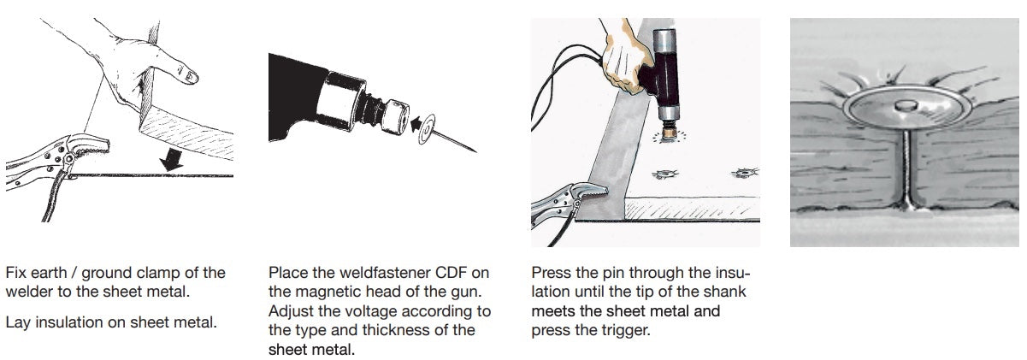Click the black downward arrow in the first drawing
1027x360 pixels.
(x=172, y=160)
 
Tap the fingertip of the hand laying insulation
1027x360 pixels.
(x=192, y=77)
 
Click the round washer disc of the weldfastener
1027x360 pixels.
(x=427, y=129)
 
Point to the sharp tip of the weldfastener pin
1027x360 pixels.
(x=475, y=150)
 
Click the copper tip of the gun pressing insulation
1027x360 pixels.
(x=668, y=134)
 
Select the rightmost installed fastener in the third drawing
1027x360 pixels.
(x=744, y=174)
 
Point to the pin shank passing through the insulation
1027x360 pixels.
(x=906, y=169)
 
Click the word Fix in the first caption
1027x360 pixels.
(x=16, y=273)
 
